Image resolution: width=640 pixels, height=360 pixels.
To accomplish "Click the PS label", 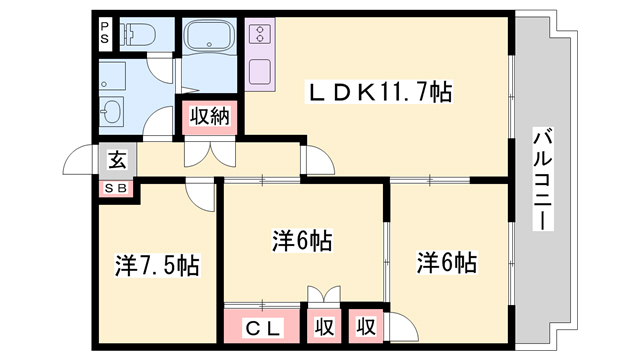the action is [x=105, y=32].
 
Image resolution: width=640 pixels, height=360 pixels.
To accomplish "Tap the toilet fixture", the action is [x=138, y=35].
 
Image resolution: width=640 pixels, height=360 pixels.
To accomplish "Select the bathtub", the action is [x=209, y=39].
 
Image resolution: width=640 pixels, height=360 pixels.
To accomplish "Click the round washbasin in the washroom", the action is [x=110, y=110].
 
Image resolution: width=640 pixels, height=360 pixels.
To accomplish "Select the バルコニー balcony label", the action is [x=542, y=180].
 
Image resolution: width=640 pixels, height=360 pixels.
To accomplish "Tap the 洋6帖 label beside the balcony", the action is [x=446, y=263].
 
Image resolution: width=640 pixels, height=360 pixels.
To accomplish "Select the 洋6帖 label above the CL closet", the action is [x=302, y=241].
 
